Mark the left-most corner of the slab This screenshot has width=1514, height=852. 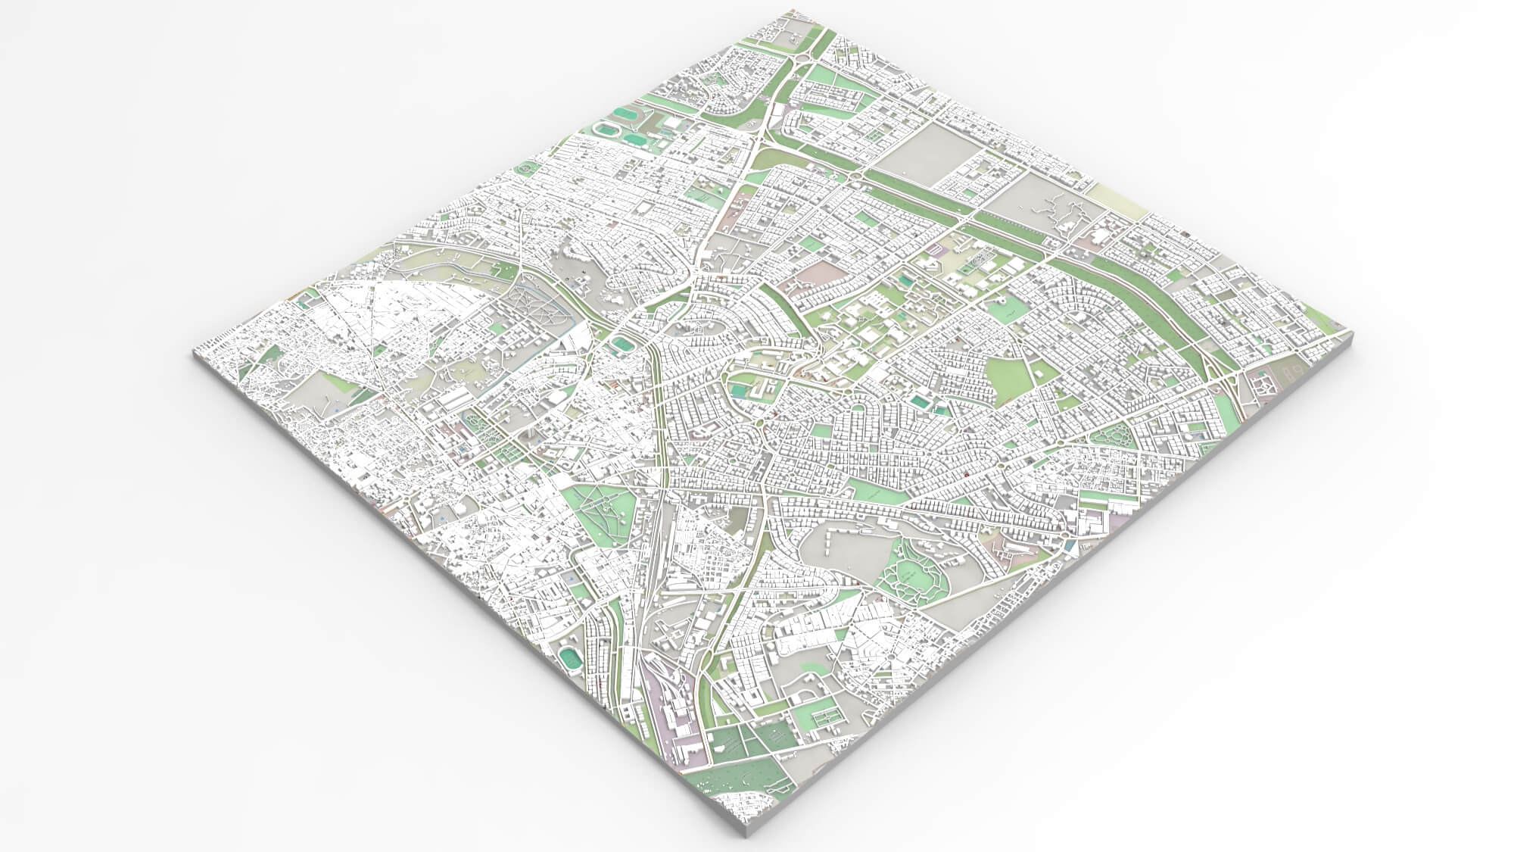(x=194, y=350)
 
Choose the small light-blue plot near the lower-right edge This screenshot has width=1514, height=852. (x=1067, y=544)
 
